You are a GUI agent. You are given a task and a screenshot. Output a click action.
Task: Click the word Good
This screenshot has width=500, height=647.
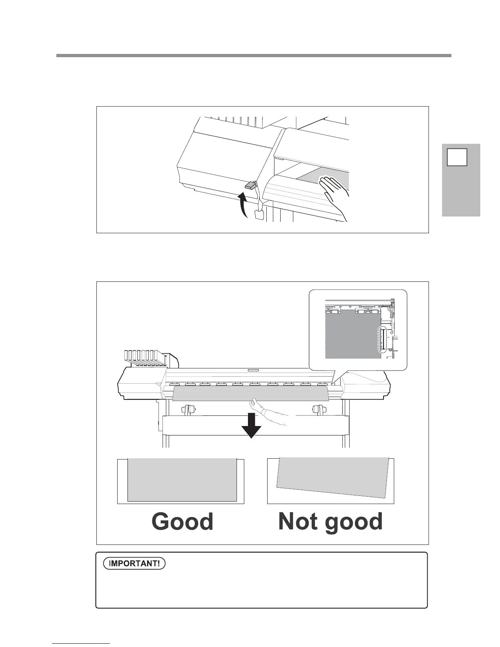182,522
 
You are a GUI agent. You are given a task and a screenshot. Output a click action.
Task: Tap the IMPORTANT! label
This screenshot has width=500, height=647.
134,564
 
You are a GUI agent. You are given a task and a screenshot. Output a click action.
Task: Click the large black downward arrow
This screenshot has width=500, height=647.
251,426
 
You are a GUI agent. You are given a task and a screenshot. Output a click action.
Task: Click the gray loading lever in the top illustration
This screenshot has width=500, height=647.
250,185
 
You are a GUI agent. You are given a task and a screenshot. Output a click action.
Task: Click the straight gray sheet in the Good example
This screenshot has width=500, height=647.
182,480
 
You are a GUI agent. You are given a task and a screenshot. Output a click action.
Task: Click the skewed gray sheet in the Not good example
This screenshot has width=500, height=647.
332,477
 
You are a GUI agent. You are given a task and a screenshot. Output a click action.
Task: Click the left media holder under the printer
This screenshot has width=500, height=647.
188,410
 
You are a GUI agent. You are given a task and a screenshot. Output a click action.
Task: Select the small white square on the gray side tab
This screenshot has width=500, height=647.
457,158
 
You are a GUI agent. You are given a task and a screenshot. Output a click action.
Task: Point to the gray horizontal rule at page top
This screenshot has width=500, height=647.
254,56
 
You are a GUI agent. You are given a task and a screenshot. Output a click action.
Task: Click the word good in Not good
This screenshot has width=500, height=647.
356,522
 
